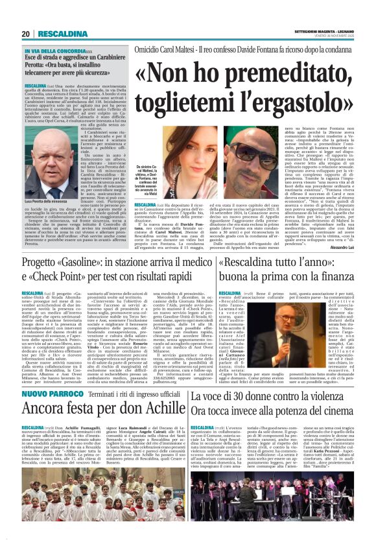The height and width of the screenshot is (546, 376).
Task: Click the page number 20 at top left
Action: [26, 34]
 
